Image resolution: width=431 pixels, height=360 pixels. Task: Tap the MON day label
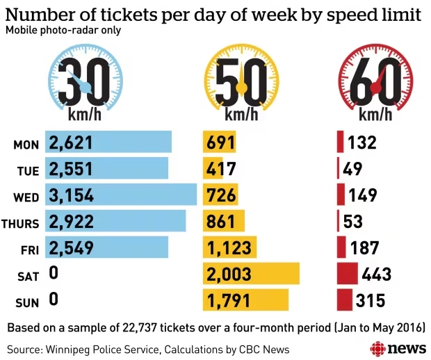click(x=26, y=144)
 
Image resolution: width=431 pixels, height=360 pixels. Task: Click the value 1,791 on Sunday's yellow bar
click(x=229, y=301)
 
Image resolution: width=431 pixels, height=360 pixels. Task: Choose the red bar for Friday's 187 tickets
click(x=341, y=247)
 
